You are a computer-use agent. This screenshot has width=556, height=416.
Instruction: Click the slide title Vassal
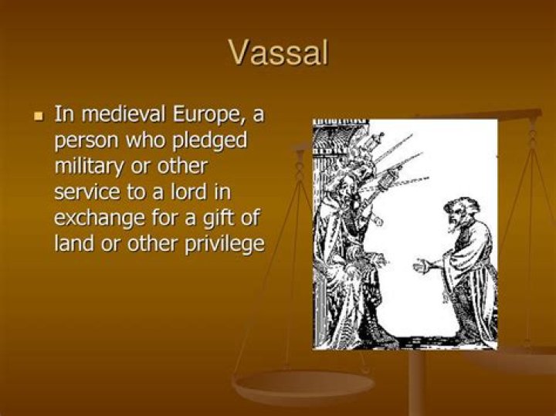tap(279, 53)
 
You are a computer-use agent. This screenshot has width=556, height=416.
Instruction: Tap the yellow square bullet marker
tap(39, 117)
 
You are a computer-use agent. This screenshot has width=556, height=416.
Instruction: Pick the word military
tap(87, 167)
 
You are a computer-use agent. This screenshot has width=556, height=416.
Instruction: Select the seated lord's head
tap(348, 166)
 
